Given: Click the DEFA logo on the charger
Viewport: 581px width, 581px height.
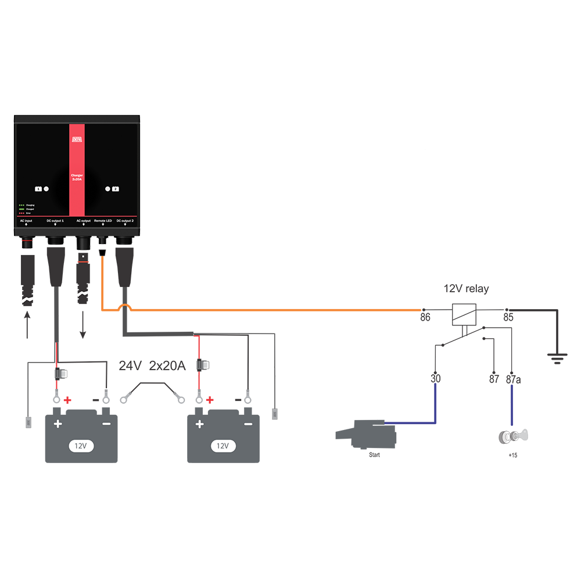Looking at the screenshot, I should pyautogui.click(x=77, y=139).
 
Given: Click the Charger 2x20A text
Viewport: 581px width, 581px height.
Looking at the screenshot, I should pyautogui.click(x=77, y=177).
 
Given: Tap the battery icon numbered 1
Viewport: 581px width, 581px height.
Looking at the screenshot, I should pyautogui.click(x=38, y=189).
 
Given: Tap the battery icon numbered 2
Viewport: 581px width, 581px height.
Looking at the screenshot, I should pyautogui.click(x=116, y=189).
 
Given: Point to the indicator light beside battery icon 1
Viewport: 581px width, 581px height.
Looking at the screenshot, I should pyautogui.click(x=46, y=189).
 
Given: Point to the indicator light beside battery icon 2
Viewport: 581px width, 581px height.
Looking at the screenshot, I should pyautogui.click(x=107, y=189).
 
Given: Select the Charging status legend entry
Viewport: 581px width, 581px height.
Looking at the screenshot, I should pyautogui.click(x=27, y=205).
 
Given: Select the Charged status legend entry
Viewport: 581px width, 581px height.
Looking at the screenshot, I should pyautogui.click(x=27, y=209).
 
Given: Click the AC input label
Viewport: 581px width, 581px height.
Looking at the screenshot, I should pyautogui.click(x=26, y=221).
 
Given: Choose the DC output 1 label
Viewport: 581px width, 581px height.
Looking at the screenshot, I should pyautogui.click(x=55, y=221).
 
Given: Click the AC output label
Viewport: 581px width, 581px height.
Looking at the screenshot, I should pyautogui.click(x=84, y=221).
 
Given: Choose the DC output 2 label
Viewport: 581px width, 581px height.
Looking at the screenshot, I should pyautogui.click(x=125, y=221).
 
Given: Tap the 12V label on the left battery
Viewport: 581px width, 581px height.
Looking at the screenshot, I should pyautogui.click(x=81, y=446).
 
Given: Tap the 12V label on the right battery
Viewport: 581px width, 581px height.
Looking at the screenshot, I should pyautogui.click(x=223, y=446).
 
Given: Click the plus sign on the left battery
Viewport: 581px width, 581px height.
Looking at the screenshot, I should pyautogui.click(x=58, y=424).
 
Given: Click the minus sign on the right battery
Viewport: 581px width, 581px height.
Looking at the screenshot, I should pyautogui.click(x=248, y=424).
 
